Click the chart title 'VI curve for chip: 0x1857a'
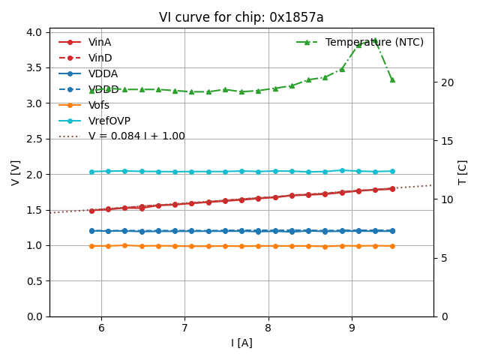[x=241, y=17]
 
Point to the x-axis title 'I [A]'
[x=241, y=343]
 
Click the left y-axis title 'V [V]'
[x=16, y=173]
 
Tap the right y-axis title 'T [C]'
[x=463, y=173]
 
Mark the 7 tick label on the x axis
[x=184, y=328]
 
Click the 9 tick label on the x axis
[x=352, y=328]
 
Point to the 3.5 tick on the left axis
[x=34, y=67]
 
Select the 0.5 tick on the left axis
[x=34, y=281]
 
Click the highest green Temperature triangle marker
[x=375, y=40]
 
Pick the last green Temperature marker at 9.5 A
[x=392, y=79]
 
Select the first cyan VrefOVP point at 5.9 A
[x=91, y=172]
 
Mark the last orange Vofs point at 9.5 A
[x=392, y=246]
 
